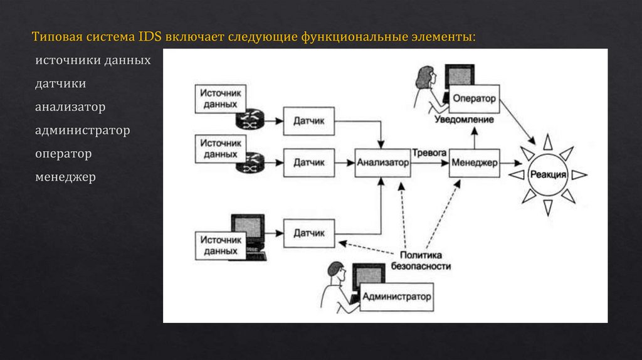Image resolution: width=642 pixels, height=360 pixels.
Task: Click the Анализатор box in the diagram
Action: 382,162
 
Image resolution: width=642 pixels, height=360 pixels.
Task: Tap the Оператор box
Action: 475,98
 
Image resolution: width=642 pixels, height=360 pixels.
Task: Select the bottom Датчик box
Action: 309,233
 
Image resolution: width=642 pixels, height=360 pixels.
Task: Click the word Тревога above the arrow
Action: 429,152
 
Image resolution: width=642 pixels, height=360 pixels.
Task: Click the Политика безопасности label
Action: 421,260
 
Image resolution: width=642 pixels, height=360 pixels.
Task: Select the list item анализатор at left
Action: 70,107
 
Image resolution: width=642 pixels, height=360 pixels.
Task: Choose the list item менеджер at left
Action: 65,177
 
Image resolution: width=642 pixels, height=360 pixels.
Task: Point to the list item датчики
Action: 61,84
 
